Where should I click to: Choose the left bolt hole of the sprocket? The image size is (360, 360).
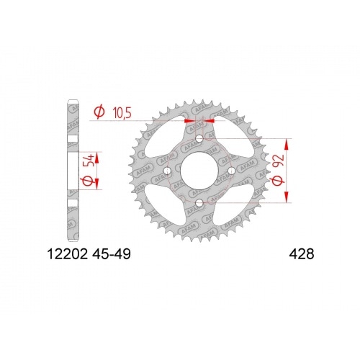[x=166, y=171]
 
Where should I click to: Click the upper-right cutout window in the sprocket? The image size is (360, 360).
[x=230, y=140]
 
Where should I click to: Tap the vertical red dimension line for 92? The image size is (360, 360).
[x=289, y=171]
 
